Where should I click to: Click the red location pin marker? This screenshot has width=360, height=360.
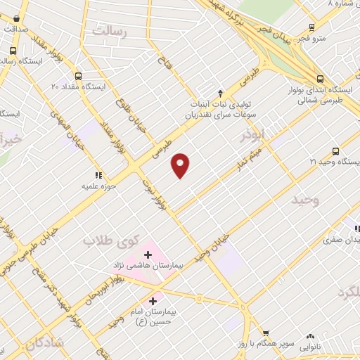tap(181, 166)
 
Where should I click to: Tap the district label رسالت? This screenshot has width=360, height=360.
tap(112, 32)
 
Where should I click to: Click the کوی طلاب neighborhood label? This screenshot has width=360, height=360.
tap(112, 240)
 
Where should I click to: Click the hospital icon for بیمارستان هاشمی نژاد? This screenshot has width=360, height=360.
tap(148, 254)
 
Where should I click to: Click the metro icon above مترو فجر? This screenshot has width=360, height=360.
tap(311, 29)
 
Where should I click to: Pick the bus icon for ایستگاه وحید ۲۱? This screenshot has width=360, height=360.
tap(335, 151)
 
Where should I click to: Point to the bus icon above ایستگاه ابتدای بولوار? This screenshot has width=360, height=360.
tap(320, 79)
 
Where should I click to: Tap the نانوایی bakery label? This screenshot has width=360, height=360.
tap(310, 347)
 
